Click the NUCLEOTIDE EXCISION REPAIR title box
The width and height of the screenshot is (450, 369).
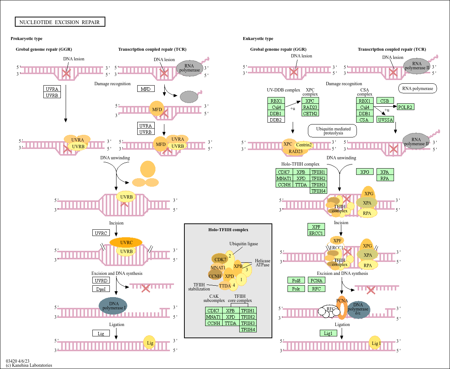(x=60, y=22)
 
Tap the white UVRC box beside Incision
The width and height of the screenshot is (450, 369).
(x=101, y=233)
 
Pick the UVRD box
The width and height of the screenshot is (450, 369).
(x=101, y=280)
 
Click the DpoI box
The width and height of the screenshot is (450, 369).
(x=101, y=289)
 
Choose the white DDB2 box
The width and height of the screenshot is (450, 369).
(x=276, y=120)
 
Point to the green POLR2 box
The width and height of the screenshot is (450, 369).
(x=405, y=107)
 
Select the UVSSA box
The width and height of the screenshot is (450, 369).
(x=385, y=120)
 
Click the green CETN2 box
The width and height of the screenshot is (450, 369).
(x=310, y=113)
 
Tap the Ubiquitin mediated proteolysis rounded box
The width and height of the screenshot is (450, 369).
(x=332, y=131)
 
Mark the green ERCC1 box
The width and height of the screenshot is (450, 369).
(x=316, y=233)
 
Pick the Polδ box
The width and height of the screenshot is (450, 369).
(x=296, y=280)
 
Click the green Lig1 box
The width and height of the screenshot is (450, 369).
(x=328, y=333)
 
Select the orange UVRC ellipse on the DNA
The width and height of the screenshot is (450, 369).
(x=126, y=243)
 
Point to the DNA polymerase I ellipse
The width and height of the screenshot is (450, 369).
(x=113, y=306)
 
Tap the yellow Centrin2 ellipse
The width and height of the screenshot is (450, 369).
(x=304, y=145)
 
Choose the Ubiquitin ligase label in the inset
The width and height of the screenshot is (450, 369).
(x=243, y=244)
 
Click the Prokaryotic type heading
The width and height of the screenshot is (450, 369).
(x=26, y=39)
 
